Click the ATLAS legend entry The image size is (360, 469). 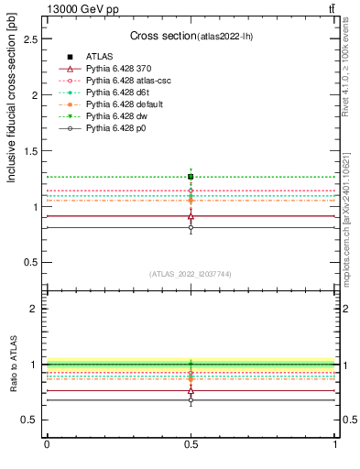[98, 57]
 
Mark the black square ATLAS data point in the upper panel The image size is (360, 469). [191, 176]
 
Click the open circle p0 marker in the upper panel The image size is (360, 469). [191, 227]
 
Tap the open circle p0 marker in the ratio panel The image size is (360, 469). [191, 400]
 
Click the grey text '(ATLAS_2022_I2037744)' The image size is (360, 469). [191, 274]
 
